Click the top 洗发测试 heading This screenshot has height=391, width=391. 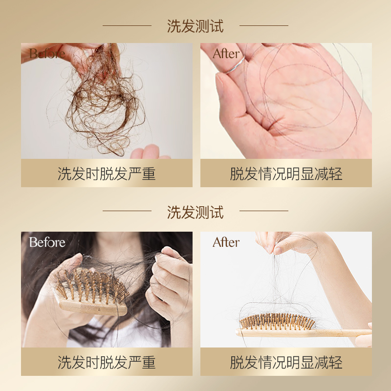coord(195,26)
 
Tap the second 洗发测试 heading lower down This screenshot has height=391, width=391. coord(195,212)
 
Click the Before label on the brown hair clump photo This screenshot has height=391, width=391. coord(47,53)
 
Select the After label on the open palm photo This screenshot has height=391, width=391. coord(226,53)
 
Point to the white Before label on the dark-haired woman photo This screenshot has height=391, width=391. coord(47,242)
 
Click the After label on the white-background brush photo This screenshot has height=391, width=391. coord(226,242)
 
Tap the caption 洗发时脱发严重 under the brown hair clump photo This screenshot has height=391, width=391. coord(107,174)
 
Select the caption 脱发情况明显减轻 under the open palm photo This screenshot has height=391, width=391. coord(286,174)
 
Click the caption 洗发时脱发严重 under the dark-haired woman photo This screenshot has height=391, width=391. coord(107,362)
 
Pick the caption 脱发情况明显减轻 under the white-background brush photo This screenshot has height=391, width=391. coord(286,362)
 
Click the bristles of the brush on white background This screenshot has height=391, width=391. coord(277,321)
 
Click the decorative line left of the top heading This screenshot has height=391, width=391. coord(127,25)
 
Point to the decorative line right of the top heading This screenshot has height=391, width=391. coord(264,25)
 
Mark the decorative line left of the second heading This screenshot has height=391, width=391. coord(127,211)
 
